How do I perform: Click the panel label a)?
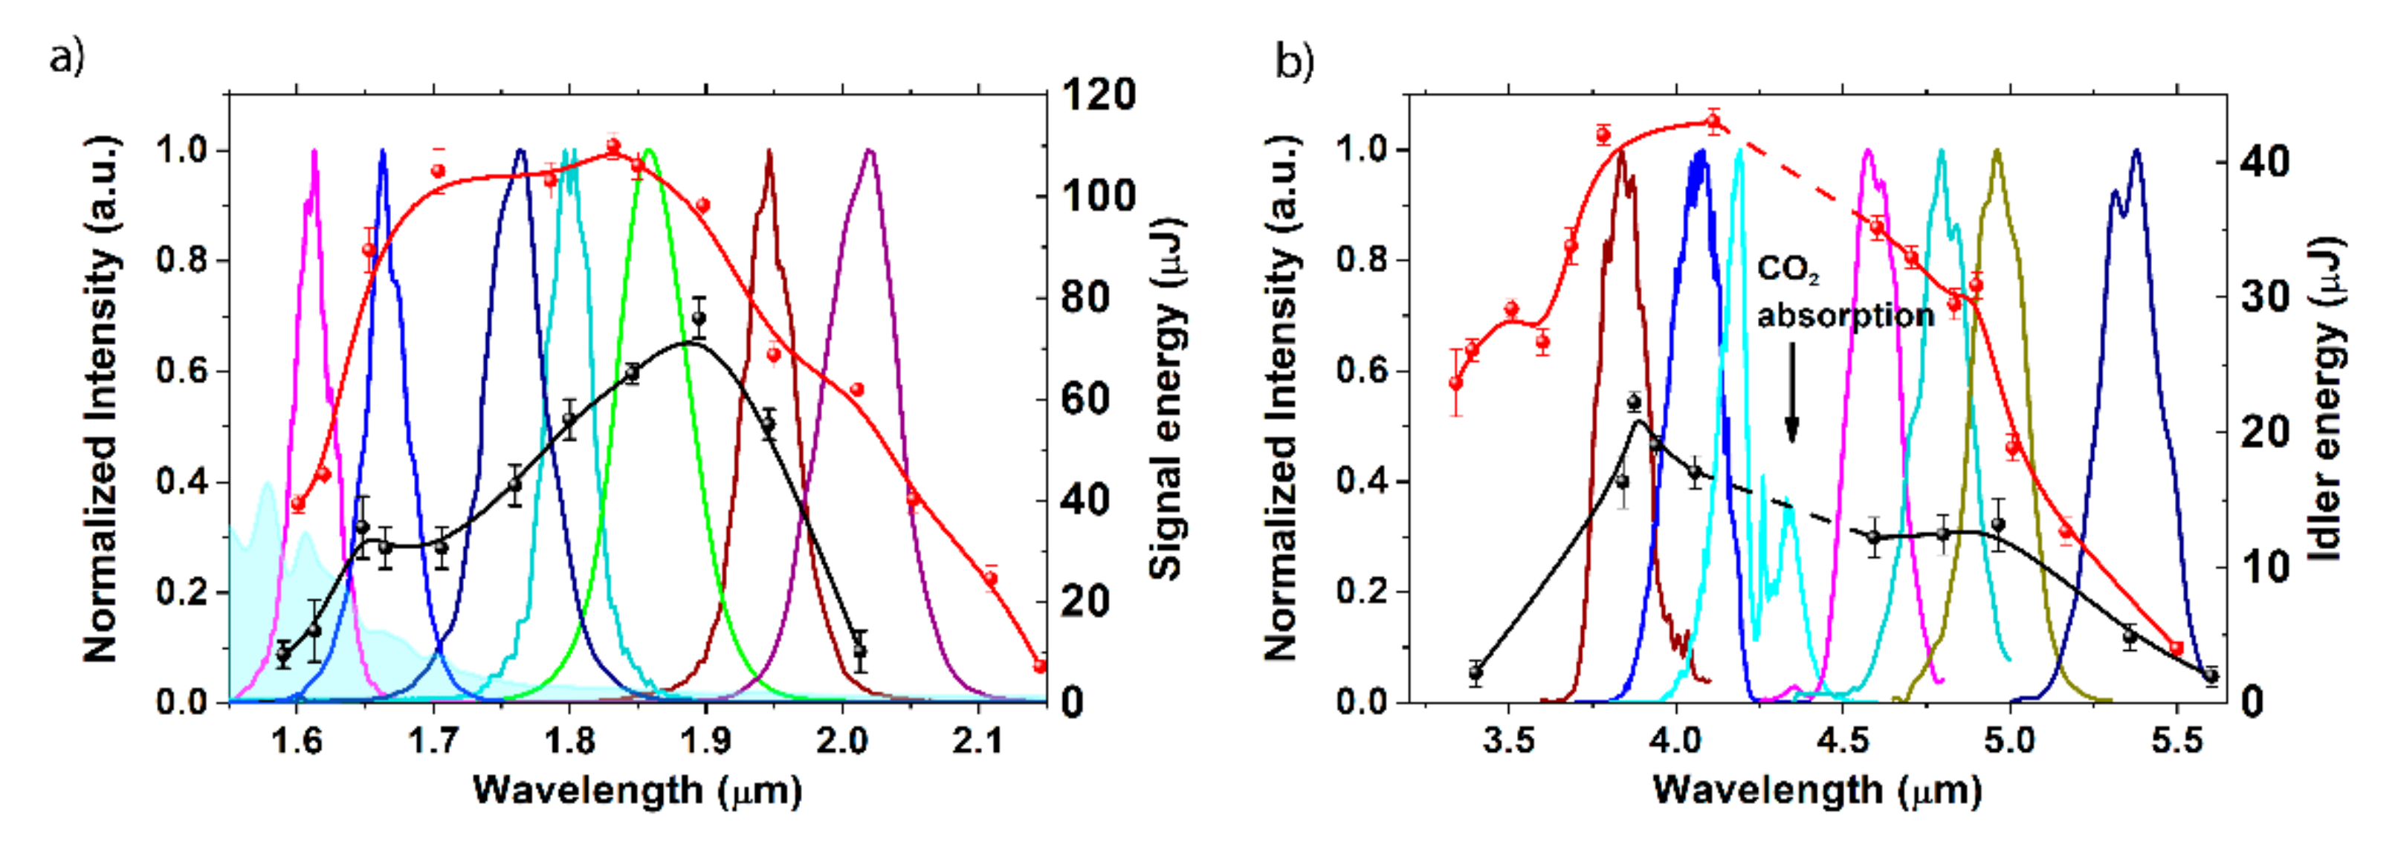coord(66,59)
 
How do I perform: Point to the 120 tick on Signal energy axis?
coord(1098,95)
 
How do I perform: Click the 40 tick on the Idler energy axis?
coord(2264,163)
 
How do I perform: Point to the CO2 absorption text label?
coord(1845,294)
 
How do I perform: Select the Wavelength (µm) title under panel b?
coord(1817,791)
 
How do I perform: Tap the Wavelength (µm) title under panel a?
coord(637,791)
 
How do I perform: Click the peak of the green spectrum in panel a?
coord(649,151)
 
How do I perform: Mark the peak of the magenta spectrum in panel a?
coord(314,151)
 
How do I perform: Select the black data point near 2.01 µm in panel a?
coord(860,652)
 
